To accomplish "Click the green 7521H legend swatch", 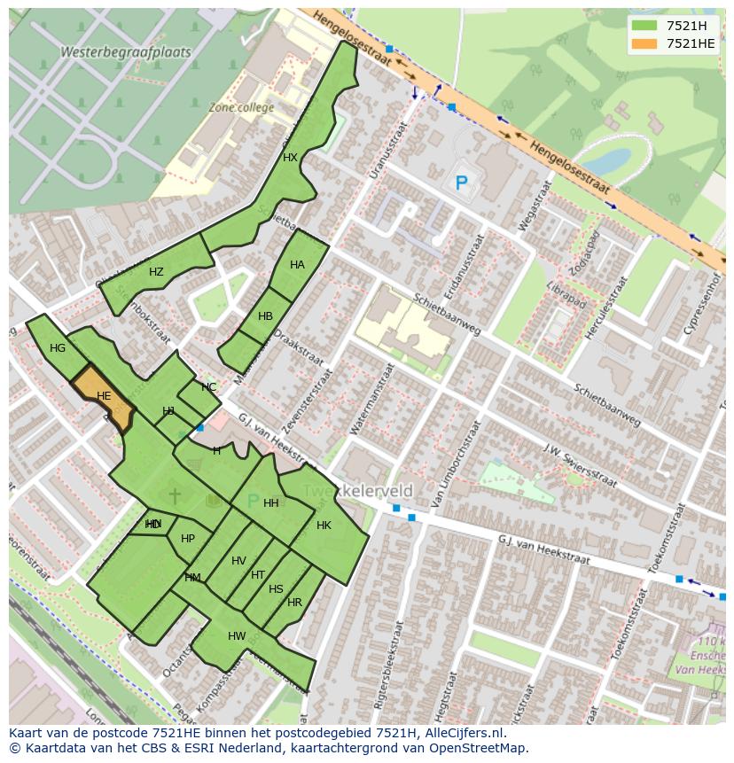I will [x=645, y=25].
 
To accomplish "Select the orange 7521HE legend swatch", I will [x=645, y=43].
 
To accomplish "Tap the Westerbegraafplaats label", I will [x=125, y=52].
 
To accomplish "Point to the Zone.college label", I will [x=241, y=107].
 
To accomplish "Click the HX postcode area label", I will [x=290, y=158].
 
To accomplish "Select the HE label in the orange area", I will [x=104, y=396].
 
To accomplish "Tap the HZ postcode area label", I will [x=156, y=272].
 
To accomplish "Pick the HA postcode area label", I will [x=297, y=265].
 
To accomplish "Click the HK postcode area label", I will [x=324, y=526].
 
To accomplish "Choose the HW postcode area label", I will [x=237, y=636].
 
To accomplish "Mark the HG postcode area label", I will [x=58, y=348].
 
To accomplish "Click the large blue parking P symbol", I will [x=461, y=183].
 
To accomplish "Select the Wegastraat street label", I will [x=535, y=207].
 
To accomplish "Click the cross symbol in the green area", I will [x=175, y=494].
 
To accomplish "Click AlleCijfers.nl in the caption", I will [x=461, y=733].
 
